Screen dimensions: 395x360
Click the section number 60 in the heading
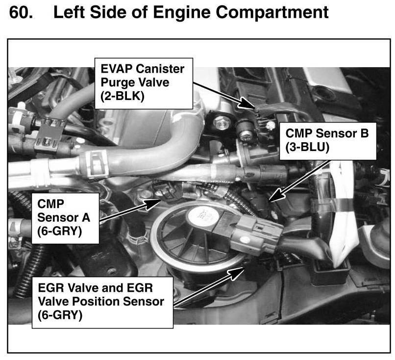pyautogui.click(x=20, y=12)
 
